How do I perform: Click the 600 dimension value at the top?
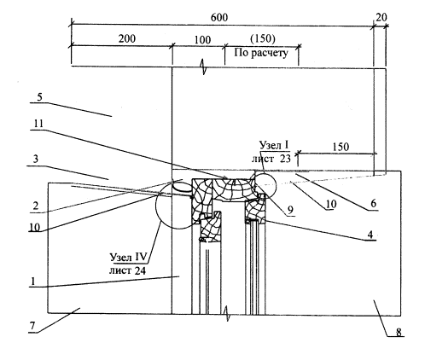(x=219, y=18)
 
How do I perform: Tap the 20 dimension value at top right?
(x=381, y=18)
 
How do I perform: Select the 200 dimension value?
(x=127, y=38)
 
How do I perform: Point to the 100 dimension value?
(x=202, y=40)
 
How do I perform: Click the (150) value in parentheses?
(x=263, y=38)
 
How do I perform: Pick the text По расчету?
(x=261, y=53)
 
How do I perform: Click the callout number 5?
(x=39, y=97)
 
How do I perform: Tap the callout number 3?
(x=35, y=159)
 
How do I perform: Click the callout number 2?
(x=35, y=206)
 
